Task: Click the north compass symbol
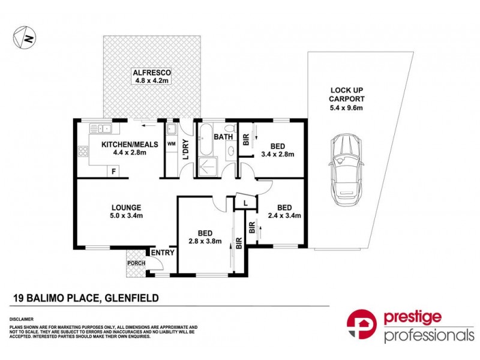click(23, 38)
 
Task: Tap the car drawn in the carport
click(344, 168)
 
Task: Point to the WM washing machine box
click(170, 143)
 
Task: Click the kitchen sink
click(99, 127)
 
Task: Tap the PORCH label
click(136, 263)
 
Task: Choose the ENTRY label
click(163, 253)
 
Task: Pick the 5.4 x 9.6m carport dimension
click(346, 107)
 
